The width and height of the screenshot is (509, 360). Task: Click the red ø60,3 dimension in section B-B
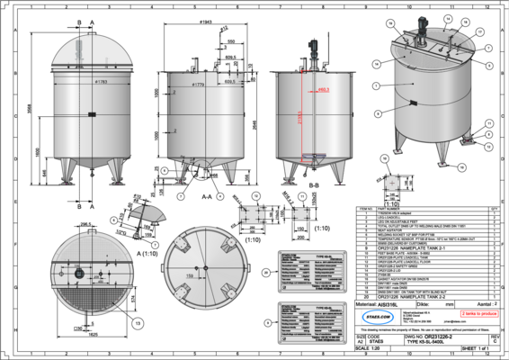point(323,90)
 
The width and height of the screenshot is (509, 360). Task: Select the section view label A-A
point(207,195)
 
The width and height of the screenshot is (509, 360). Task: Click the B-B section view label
point(313,184)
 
